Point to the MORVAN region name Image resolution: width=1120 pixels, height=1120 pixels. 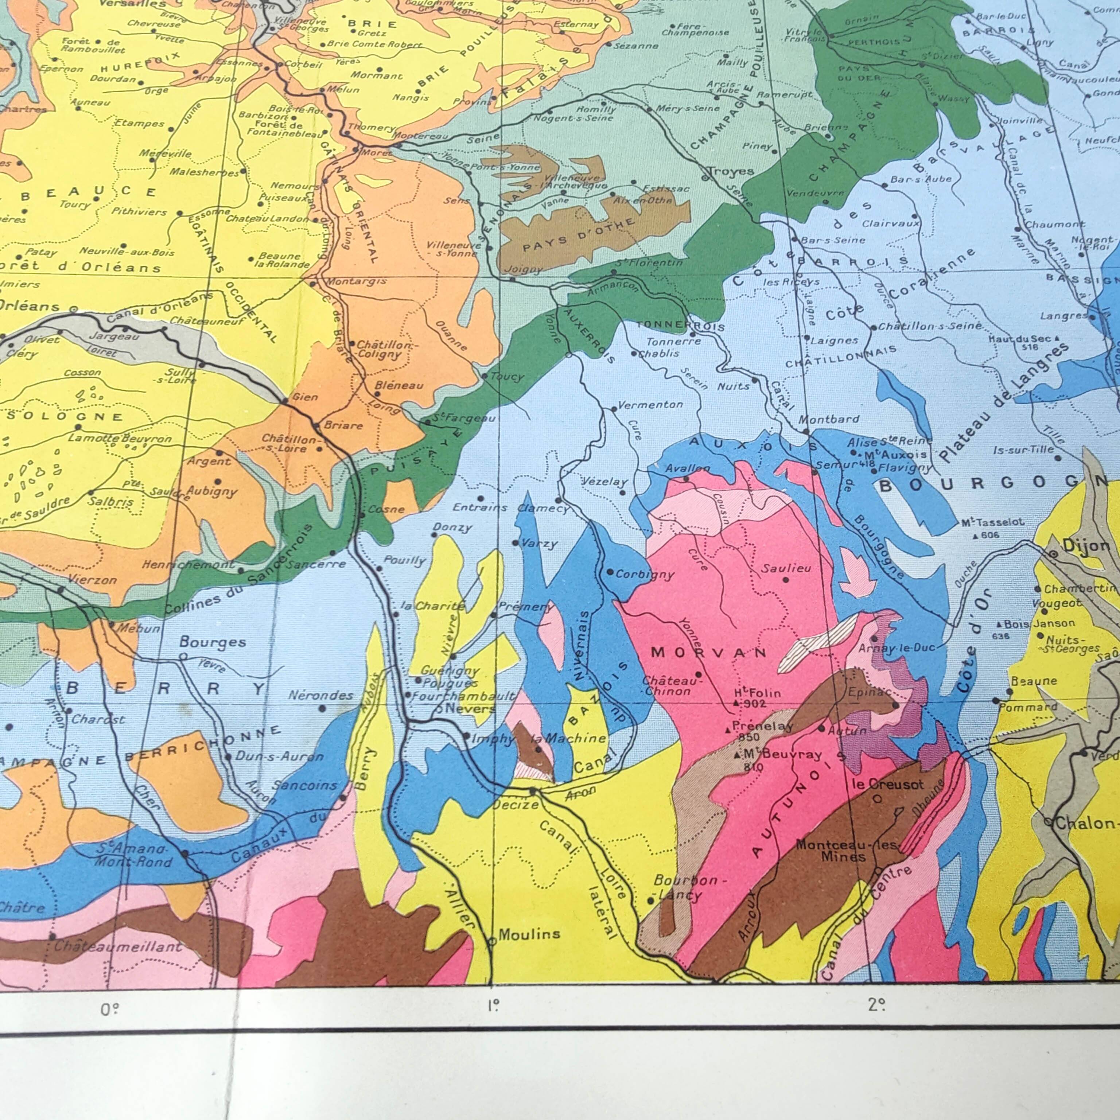click(x=708, y=652)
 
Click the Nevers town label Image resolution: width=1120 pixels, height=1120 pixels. click(x=470, y=708)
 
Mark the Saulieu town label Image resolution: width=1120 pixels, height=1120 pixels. click(x=786, y=569)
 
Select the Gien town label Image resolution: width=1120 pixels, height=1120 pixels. click(x=305, y=397)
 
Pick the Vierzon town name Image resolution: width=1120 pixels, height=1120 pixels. click(x=92, y=579)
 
